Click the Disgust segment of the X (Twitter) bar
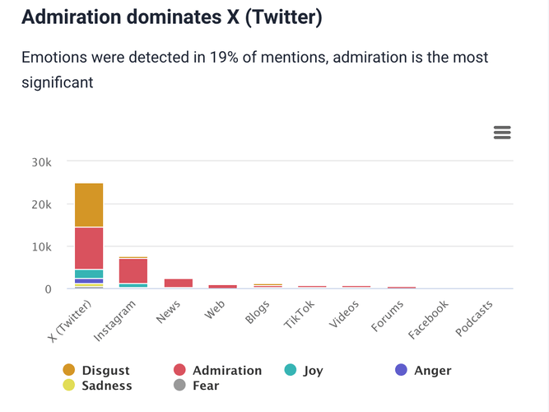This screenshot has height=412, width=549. [x=89, y=204]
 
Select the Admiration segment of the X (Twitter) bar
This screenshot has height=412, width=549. [x=89, y=247]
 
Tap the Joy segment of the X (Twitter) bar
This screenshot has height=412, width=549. [x=89, y=274]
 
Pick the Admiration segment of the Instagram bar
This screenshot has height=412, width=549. [x=133, y=270]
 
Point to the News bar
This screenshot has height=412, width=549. [x=178, y=283]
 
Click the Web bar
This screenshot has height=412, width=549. [x=222, y=286]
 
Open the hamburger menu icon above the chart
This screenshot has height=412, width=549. [x=501, y=133]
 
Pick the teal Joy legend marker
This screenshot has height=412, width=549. [x=290, y=370]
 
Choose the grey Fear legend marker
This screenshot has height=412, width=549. [x=179, y=385]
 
